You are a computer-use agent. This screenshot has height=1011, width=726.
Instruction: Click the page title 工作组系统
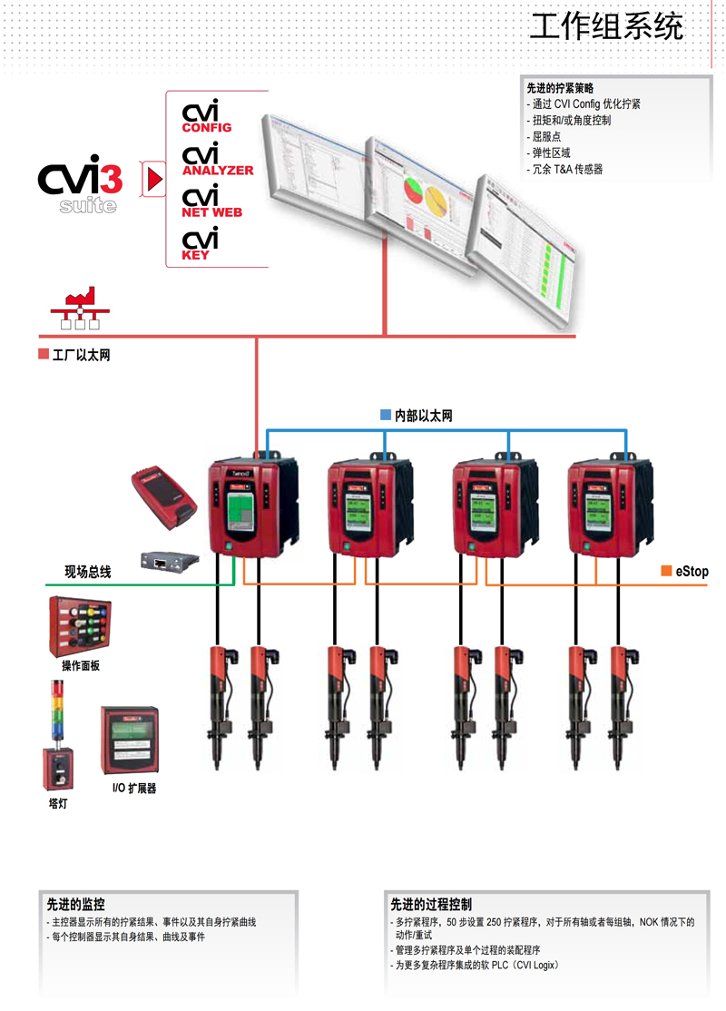606,27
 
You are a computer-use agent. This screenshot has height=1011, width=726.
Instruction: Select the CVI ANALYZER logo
216,160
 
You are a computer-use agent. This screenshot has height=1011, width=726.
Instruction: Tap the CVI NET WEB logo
211,201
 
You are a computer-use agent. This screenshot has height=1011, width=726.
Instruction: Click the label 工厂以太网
80,356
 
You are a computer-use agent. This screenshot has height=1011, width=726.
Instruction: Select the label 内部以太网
422,416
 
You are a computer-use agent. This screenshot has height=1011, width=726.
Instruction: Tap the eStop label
691,572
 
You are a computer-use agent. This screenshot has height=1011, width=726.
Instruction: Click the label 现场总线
87,572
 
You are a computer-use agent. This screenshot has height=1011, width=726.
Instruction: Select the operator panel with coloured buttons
77,626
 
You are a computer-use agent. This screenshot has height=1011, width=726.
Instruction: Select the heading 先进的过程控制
431,905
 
